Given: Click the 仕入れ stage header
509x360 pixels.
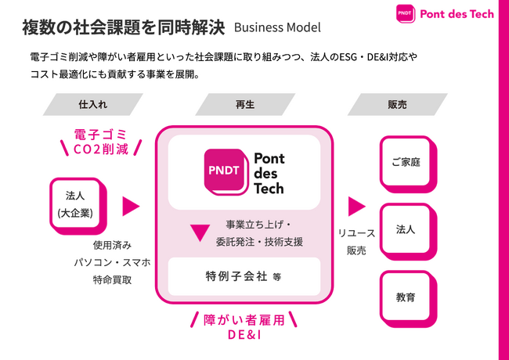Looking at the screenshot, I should click(88, 105).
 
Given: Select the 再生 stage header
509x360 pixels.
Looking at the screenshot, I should click(244, 105).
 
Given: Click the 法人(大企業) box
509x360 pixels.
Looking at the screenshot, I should click(75, 205).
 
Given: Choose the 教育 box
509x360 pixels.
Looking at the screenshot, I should click(406, 297).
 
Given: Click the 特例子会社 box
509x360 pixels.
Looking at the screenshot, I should click(244, 276).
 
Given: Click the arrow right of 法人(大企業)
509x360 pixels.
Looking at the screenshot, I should click(131, 206).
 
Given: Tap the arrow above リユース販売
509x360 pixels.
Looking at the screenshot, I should click(356, 206).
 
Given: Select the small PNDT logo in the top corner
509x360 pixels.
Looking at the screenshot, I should click(405, 14).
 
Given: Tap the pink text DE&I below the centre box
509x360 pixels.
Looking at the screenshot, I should click(244, 335).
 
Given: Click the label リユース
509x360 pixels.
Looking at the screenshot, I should click(356, 233).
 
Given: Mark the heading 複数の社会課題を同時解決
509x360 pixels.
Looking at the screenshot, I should click(124, 27).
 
